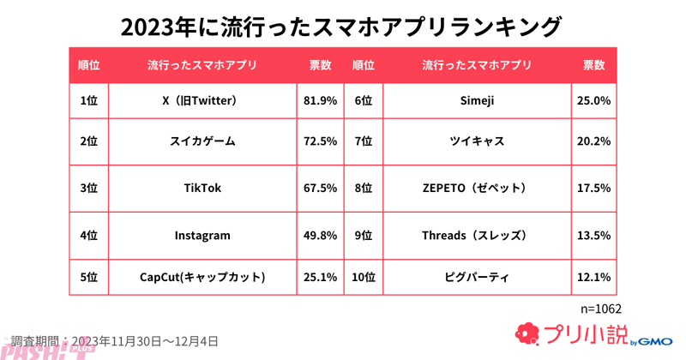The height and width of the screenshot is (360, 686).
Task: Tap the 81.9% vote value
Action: click(320, 100)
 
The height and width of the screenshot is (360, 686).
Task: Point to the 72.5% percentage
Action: click(320, 141)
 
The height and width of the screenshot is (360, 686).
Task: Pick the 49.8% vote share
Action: click(320, 234)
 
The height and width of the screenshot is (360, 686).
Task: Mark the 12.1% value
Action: click(594, 277)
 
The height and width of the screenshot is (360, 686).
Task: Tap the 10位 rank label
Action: click(363, 277)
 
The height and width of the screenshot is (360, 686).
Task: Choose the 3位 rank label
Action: click(88, 188)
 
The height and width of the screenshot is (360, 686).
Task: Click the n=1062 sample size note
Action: click(601, 308)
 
